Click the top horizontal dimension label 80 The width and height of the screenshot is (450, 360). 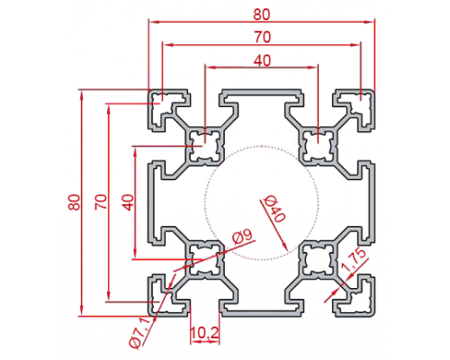pyautogui.click(x=262, y=14)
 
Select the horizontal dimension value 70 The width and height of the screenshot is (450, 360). pyautogui.click(x=263, y=38)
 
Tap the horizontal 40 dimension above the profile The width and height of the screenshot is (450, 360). pyautogui.click(x=262, y=60)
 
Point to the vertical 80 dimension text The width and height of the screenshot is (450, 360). pyautogui.click(x=75, y=202)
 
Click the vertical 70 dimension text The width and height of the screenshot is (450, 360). pyautogui.click(x=101, y=202)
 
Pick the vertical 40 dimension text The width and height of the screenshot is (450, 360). pyautogui.click(x=128, y=202)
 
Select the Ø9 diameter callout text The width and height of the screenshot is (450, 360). pyautogui.click(x=243, y=237)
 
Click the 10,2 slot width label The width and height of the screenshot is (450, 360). pyautogui.click(x=205, y=332)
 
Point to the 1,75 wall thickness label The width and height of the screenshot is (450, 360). pyautogui.click(x=354, y=260)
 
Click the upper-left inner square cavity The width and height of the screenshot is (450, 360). pyautogui.click(x=205, y=146)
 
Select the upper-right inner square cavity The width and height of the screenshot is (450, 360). pyautogui.click(x=318, y=146)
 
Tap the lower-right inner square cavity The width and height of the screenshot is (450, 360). pyautogui.click(x=318, y=259)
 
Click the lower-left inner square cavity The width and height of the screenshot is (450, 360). pyautogui.click(x=205, y=259)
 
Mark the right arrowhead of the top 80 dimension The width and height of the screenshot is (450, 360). pyautogui.click(x=370, y=22)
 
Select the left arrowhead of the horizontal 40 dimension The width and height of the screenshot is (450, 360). pyautogui.click(x=209, y=67)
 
